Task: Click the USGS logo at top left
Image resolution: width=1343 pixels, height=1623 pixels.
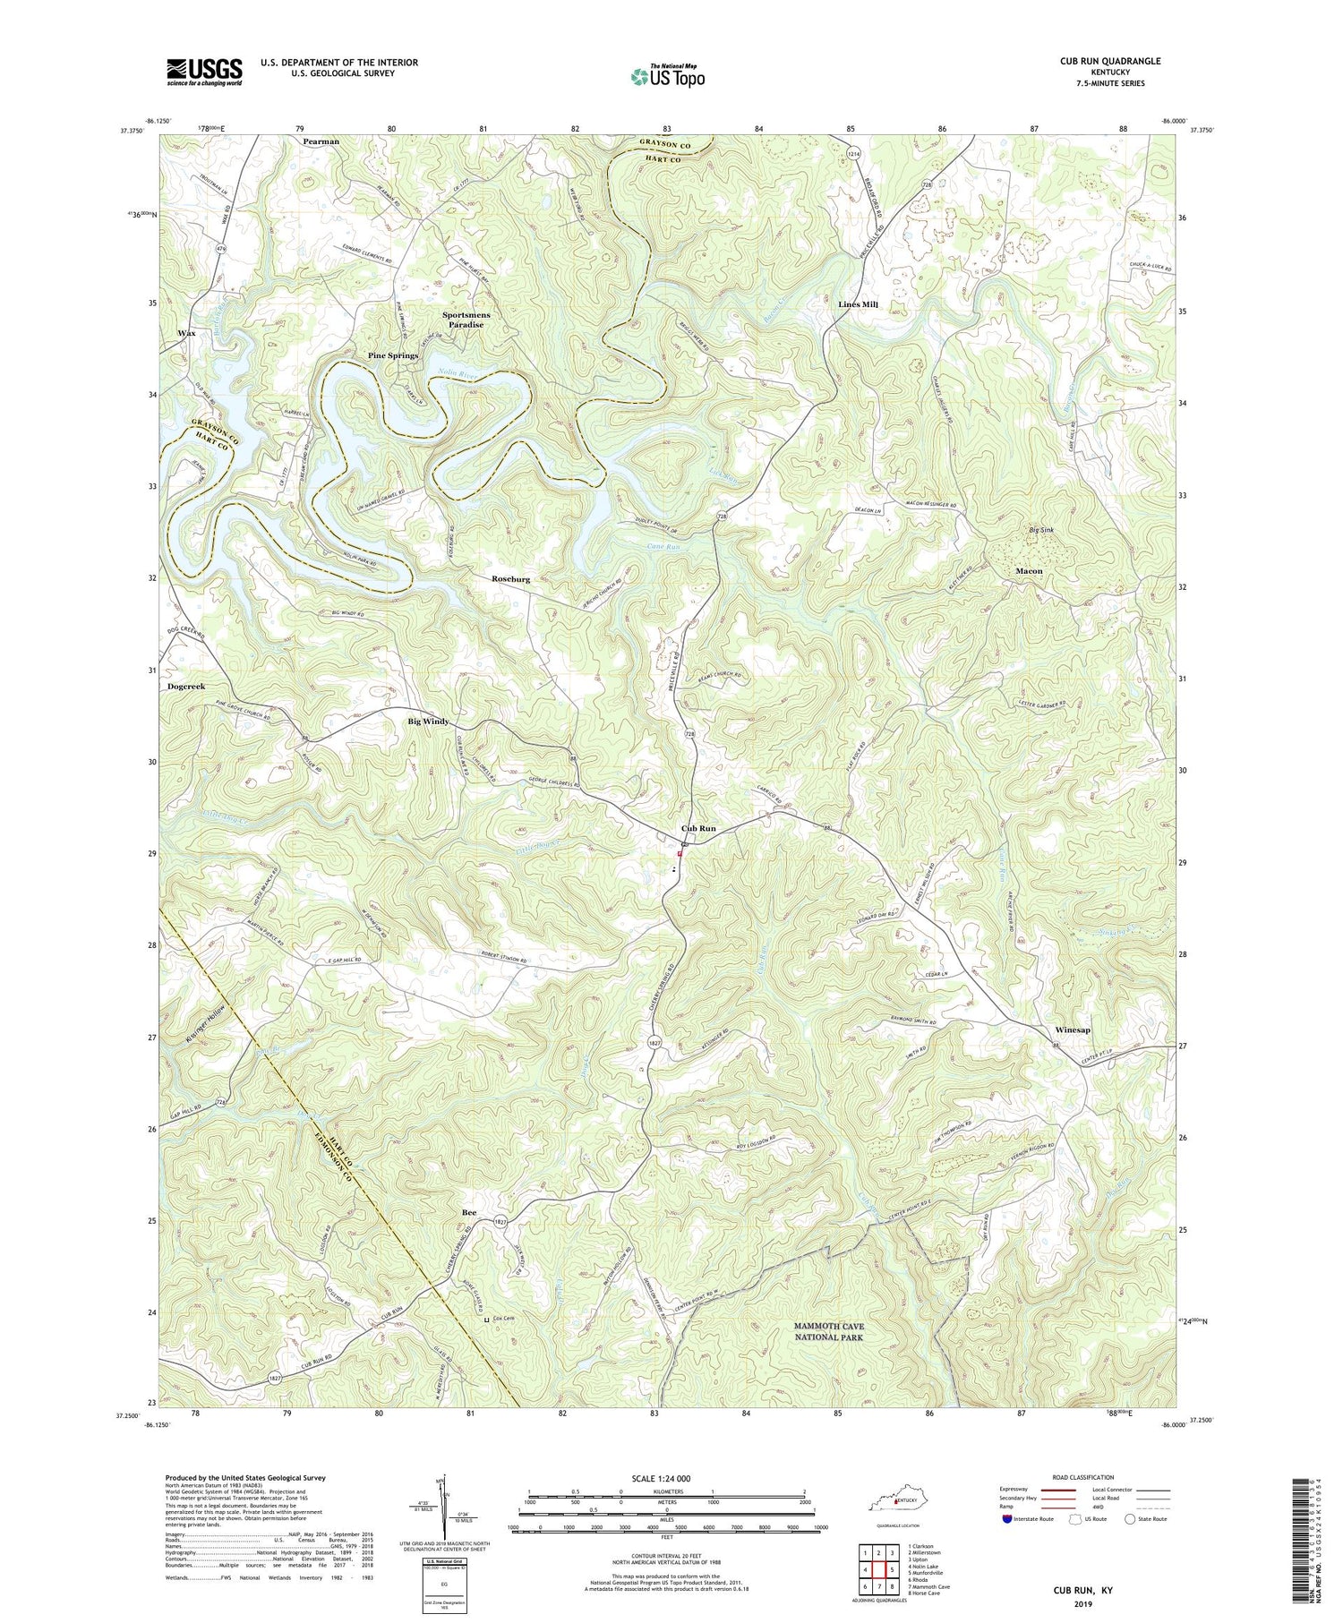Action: tap(204, 72)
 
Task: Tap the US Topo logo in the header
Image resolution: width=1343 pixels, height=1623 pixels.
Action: tap(667, 77)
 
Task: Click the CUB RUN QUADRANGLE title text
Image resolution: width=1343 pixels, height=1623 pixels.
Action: tap(1109, 61)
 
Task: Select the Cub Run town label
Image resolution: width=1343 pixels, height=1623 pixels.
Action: tap(698, 829)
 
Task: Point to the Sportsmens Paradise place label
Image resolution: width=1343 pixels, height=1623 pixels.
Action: tap(462, 320)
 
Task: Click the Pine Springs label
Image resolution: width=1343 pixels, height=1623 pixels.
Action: tap(393, 355)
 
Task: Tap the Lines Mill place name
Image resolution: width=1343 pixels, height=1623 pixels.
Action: tap(858, 304)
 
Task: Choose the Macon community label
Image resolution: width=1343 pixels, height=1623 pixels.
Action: tap(1029, 570)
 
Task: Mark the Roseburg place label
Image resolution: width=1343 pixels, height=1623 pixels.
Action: tap(510, 579)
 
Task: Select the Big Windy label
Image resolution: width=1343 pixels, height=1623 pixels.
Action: tap(428, 722)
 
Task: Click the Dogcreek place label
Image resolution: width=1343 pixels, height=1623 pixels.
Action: tap(186, 687)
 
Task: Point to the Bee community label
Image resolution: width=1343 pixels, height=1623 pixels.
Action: tap(468, 1212)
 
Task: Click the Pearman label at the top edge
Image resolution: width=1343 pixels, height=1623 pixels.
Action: tap(321, 141)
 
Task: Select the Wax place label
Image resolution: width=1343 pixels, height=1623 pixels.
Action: tap(186, 333)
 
